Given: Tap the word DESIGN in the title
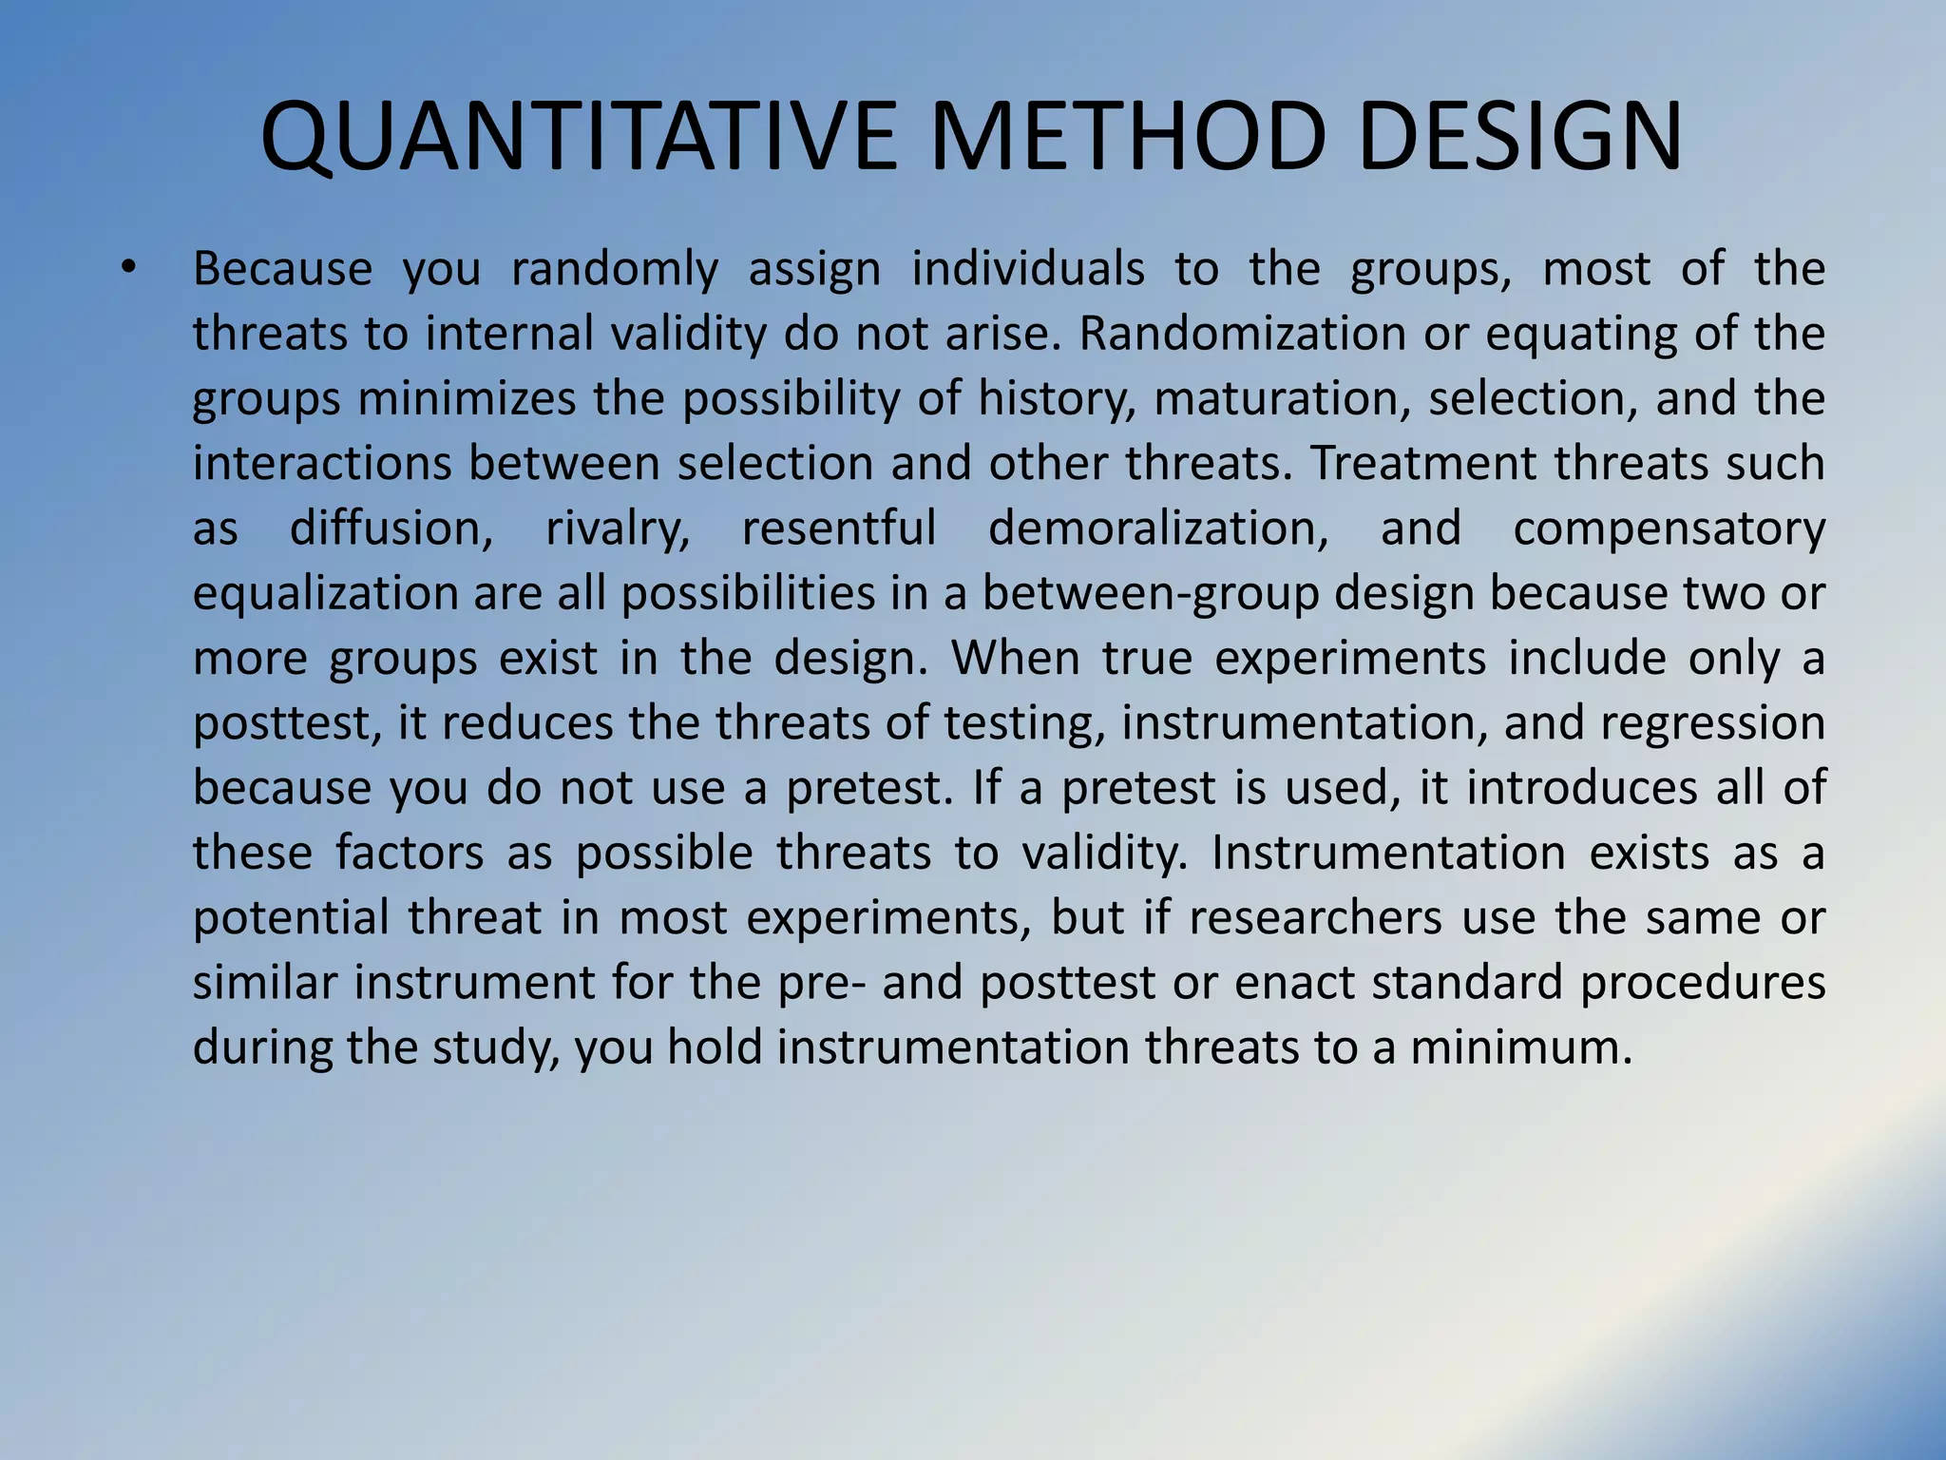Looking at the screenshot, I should click(x=1520, y=138).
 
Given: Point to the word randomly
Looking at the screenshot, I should click(x=615, y=269).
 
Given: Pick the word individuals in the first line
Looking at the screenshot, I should click(x=1028, y=269).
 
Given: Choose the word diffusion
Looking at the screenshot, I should click(x=391, y=528).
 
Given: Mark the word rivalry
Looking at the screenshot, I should click(x=618, y=528).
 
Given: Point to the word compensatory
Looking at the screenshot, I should click(x=1669, y=528).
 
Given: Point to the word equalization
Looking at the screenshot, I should click(x=324, y=593).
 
